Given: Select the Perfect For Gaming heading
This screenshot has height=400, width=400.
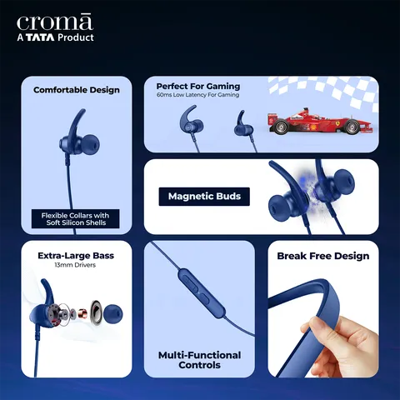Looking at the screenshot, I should [197, 86].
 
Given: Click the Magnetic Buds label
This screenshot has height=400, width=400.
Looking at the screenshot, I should [204, 197].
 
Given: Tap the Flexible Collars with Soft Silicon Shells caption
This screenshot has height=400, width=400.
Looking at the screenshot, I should [75, 219].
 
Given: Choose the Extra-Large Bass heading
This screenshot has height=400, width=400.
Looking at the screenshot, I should [75, 255].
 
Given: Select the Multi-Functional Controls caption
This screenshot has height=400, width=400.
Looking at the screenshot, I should [199, 360].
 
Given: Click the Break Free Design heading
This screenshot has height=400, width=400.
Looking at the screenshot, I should [322, 256].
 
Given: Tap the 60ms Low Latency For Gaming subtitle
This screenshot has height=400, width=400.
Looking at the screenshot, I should [197, 95].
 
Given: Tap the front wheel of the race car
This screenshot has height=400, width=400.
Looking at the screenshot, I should [352, 127].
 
